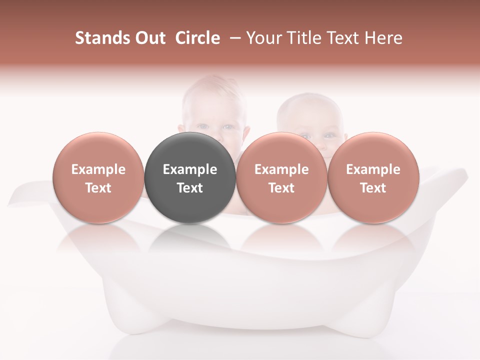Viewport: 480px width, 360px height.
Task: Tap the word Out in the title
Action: pyautogui.click(x=148, y=38)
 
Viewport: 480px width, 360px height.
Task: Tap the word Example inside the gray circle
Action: pyautogui.click(x=190, y=169)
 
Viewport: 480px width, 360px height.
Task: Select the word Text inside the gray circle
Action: pyautogui.click(x=190, y=188)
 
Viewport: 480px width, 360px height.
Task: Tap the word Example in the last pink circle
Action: pyautogui.click(x=373, y=169)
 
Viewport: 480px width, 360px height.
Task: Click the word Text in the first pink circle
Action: pyautogui.click(x=98, y=188)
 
